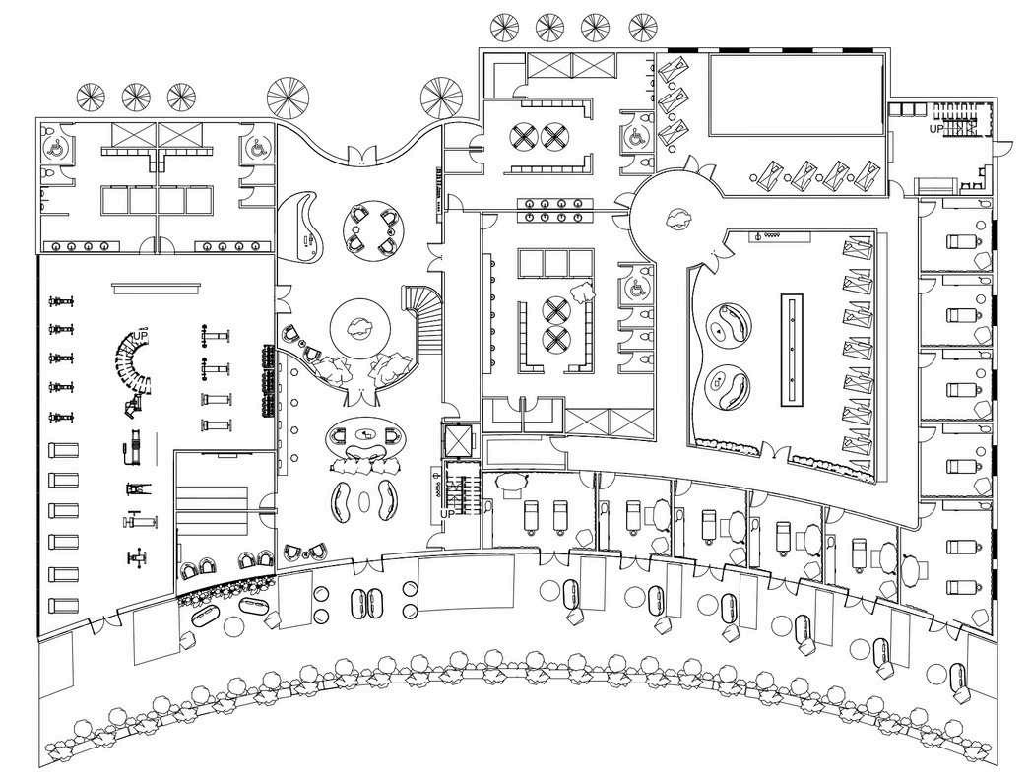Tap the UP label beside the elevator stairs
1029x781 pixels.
447,514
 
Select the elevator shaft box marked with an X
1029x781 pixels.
458,439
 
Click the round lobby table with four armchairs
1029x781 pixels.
375,228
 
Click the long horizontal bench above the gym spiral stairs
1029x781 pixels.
160,288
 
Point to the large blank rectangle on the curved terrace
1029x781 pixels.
467,584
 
